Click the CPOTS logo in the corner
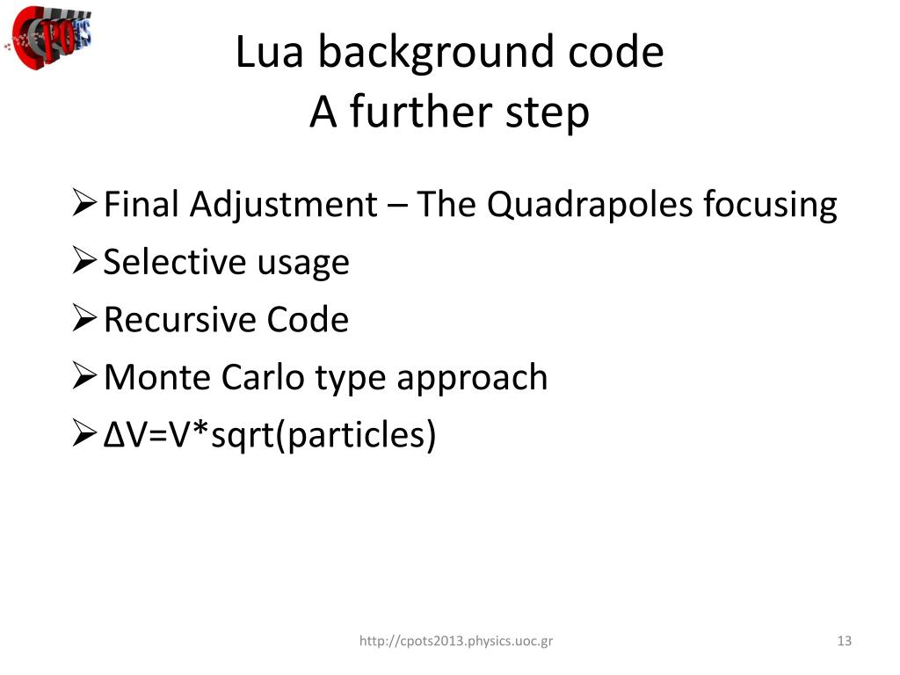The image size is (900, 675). pyautogui.click(x=51, y=38)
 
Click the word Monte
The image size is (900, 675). pyautogui.click(x=156, y=377)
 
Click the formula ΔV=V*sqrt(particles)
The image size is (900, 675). pyautogui.click(x=270, y=434)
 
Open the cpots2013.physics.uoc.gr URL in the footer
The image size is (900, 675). pyautogui.click(x=456, y=642)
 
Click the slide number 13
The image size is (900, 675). pyautogui.click(x=845, y=641)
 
